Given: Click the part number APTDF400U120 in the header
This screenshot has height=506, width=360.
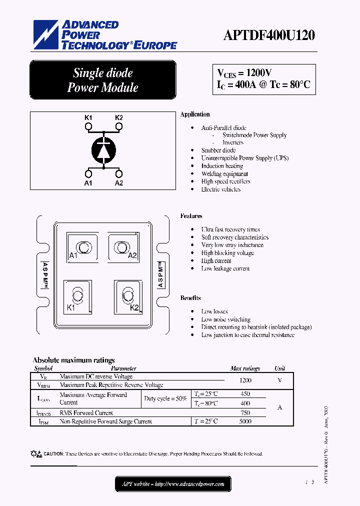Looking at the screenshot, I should [268, 36].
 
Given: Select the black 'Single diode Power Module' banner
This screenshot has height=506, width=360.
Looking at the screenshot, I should [103, 80].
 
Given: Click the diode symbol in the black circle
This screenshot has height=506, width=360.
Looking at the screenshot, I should [103, 149].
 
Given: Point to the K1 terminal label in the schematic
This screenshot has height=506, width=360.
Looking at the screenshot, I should [88, 117].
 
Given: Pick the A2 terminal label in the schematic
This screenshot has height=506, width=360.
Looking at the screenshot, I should [119, 183].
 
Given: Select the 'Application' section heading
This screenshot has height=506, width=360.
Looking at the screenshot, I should [195, 114].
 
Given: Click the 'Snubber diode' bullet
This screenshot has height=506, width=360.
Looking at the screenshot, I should [218, 150].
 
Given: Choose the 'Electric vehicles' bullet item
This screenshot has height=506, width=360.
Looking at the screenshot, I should [220, 189].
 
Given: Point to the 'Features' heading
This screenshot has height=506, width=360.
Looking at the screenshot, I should [191, 216].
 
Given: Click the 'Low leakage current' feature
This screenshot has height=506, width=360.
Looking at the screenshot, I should [225, 269].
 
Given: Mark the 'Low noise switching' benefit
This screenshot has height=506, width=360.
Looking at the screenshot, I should [225, 319].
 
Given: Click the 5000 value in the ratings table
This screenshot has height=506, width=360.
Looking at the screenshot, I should [245, 421].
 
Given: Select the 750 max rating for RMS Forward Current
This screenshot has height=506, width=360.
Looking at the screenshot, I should [245, 413].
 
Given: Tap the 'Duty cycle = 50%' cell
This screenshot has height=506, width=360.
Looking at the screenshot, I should [165, 399].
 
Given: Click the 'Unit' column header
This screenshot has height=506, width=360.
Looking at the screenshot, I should [280, 368].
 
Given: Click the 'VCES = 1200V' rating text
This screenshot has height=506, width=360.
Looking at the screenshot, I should [244, 72].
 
